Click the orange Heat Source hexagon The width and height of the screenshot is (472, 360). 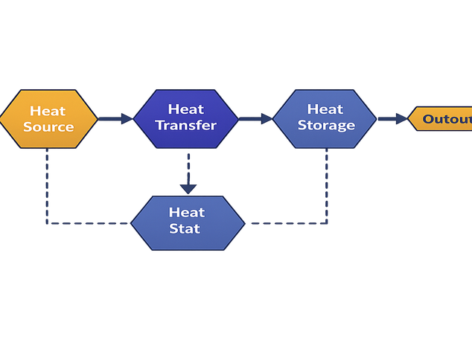pyautogui.click(x=48, y=119)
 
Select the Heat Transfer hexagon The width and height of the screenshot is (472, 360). pyautogui.click(x=185, y=118)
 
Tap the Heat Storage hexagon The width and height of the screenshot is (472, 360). pyautogui.click(x=325, y=118)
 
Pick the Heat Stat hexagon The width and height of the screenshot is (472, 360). pyautogui.click(x=187, y=222)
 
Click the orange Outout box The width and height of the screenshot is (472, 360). pyautogui.click(x=444, y=119)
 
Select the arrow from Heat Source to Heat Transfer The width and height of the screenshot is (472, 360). pyautogui.click(x=115, y=119)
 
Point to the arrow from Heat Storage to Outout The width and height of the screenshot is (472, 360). pyautogui.click(x=392, y=119)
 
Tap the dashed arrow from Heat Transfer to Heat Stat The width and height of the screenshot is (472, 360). pyautogui.click(x=188, y=171)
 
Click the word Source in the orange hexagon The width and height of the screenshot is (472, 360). pyautogui.click(x=48, y=127)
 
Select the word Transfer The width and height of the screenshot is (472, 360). pyautogui.click(x=185, y=126)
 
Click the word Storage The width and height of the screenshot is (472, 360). pyautogui.click(x=326, y=126)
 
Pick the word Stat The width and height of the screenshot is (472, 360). pyautogui.click(x=185, y=229)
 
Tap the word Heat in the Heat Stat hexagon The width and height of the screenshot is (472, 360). pyautogui.click(x=186, y=213)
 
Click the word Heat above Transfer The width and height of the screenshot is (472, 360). pyautogui.click(x=185, y=110)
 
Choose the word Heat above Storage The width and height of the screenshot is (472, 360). pyautogui.click(x=325, y=110)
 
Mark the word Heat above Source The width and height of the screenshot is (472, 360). pyautogui.click(x=48, y=112)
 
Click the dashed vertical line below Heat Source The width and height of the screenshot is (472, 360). pyautogui.click(x=46, y=186)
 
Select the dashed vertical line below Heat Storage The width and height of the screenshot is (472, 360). pyautogui.click(x=328, y=186)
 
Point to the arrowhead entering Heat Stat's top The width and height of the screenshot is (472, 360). pyautogui.click(x=188, y=189)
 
